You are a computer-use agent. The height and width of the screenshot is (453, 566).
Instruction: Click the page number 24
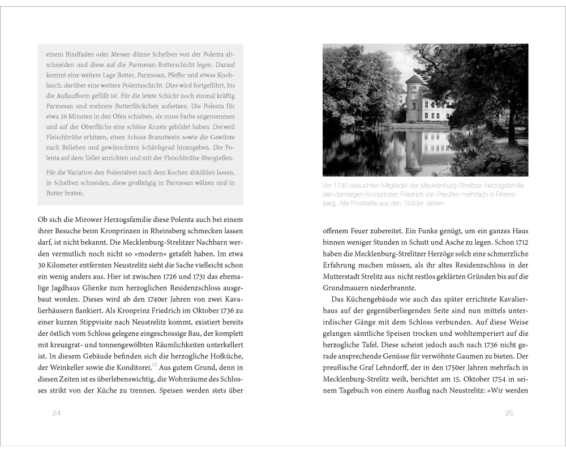point(56,413)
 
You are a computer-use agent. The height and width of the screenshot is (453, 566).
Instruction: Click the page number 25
point(509,413)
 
